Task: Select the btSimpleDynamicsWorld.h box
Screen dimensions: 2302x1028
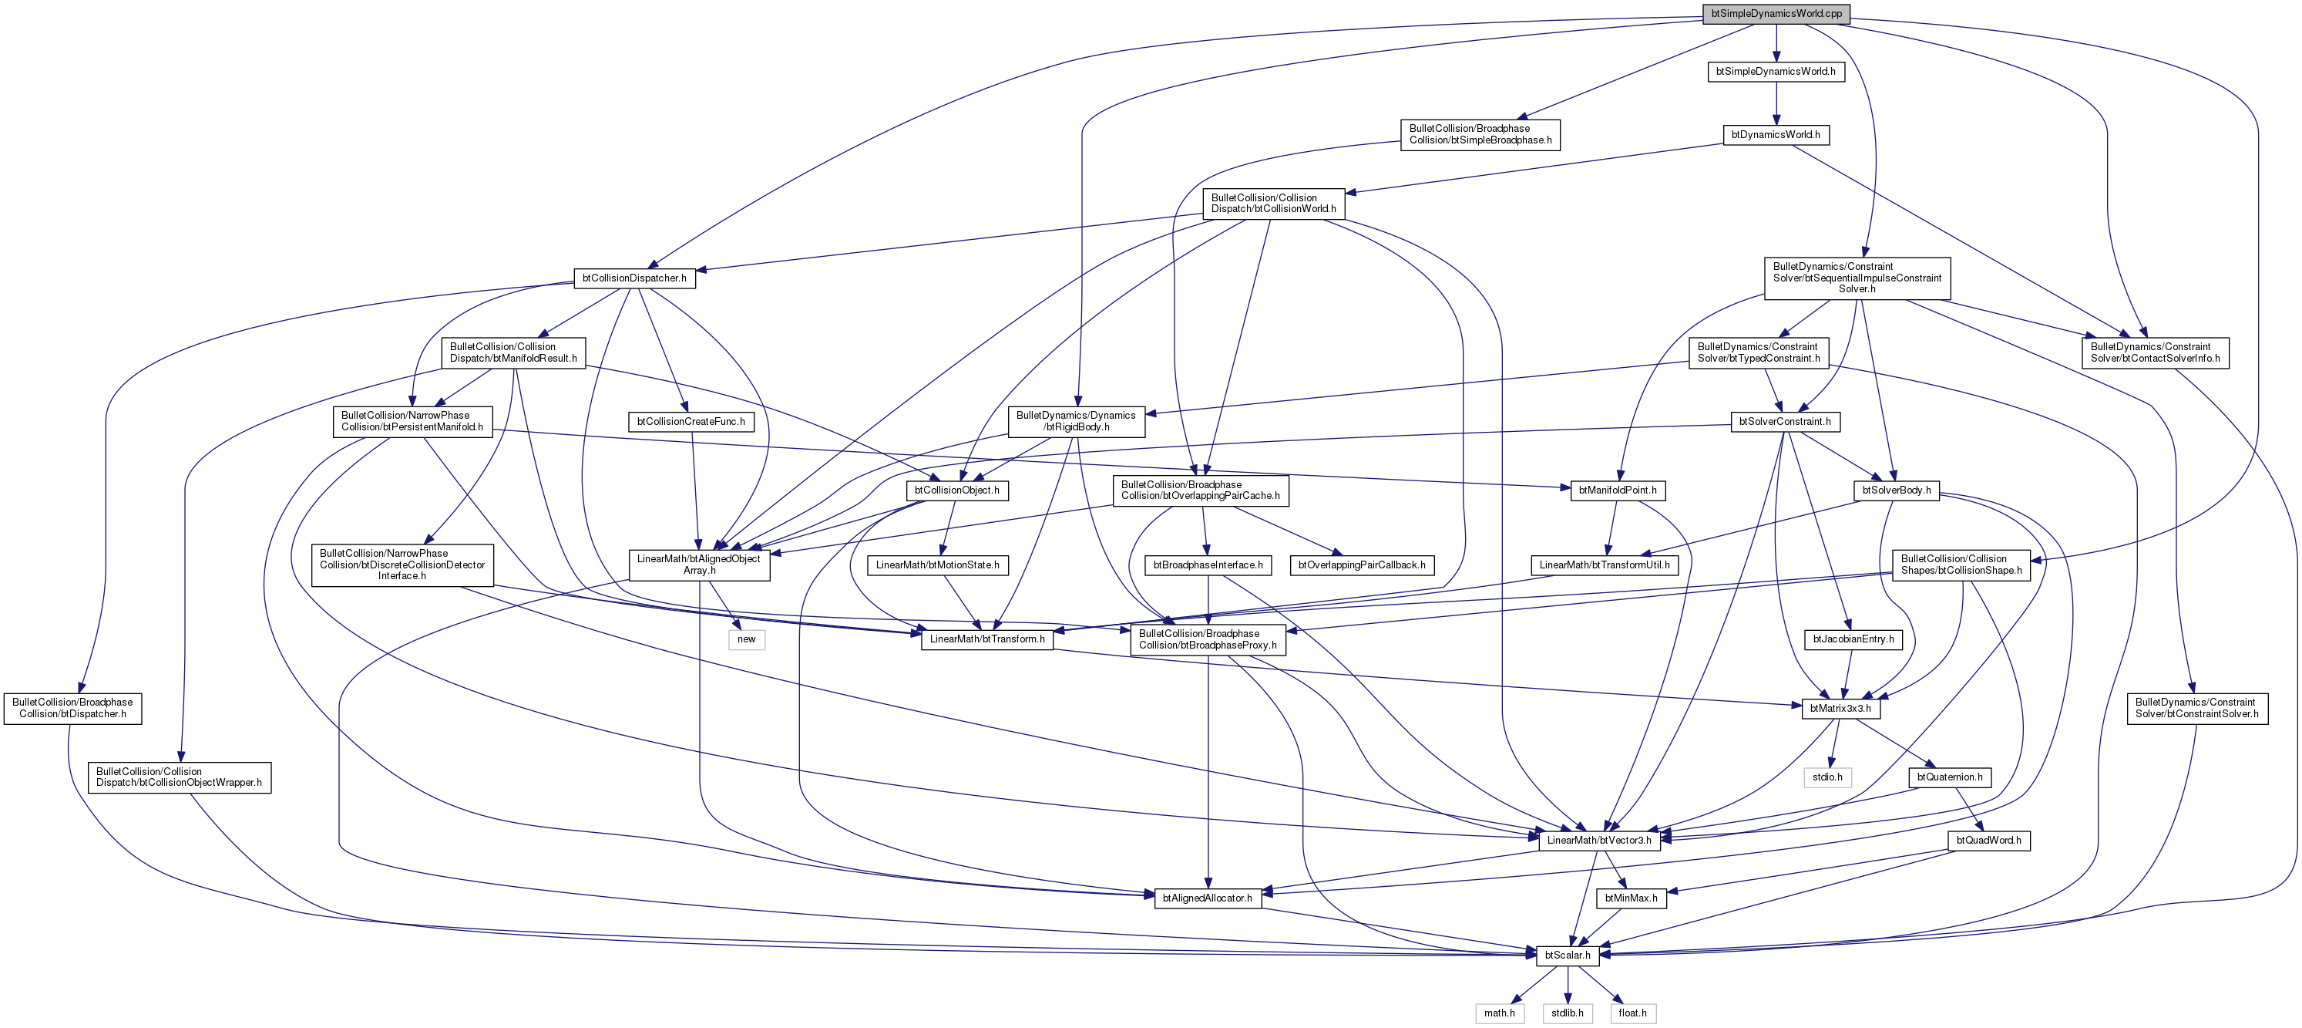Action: coord(1776,72)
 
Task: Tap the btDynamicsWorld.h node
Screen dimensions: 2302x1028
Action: coord(1776,135)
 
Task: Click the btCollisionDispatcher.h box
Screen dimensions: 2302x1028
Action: coord(634,278)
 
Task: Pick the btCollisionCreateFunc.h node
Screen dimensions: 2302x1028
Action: coord(691,422)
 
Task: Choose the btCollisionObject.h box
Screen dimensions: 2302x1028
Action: coord(957,490)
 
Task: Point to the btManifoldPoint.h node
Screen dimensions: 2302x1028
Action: coord(1618,490)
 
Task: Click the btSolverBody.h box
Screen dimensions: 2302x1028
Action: coord(1897,490)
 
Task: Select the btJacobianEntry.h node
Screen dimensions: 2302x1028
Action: coord(1853,640)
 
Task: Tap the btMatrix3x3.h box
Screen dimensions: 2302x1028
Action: coord(1840,709)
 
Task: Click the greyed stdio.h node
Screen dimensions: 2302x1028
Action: coord(1827,777)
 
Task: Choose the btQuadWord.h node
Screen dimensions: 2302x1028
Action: coord(1988,841)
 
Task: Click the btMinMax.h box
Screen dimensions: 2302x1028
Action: coord(1631,898)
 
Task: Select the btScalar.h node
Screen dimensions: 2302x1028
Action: coord(1568,956)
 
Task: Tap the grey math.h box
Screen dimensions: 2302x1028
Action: coord(1500,1013)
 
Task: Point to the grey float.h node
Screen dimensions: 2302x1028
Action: coord(1632,1013)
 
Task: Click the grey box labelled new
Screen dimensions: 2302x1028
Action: coord(746,640)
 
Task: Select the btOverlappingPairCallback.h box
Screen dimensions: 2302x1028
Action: coord(1362,566)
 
